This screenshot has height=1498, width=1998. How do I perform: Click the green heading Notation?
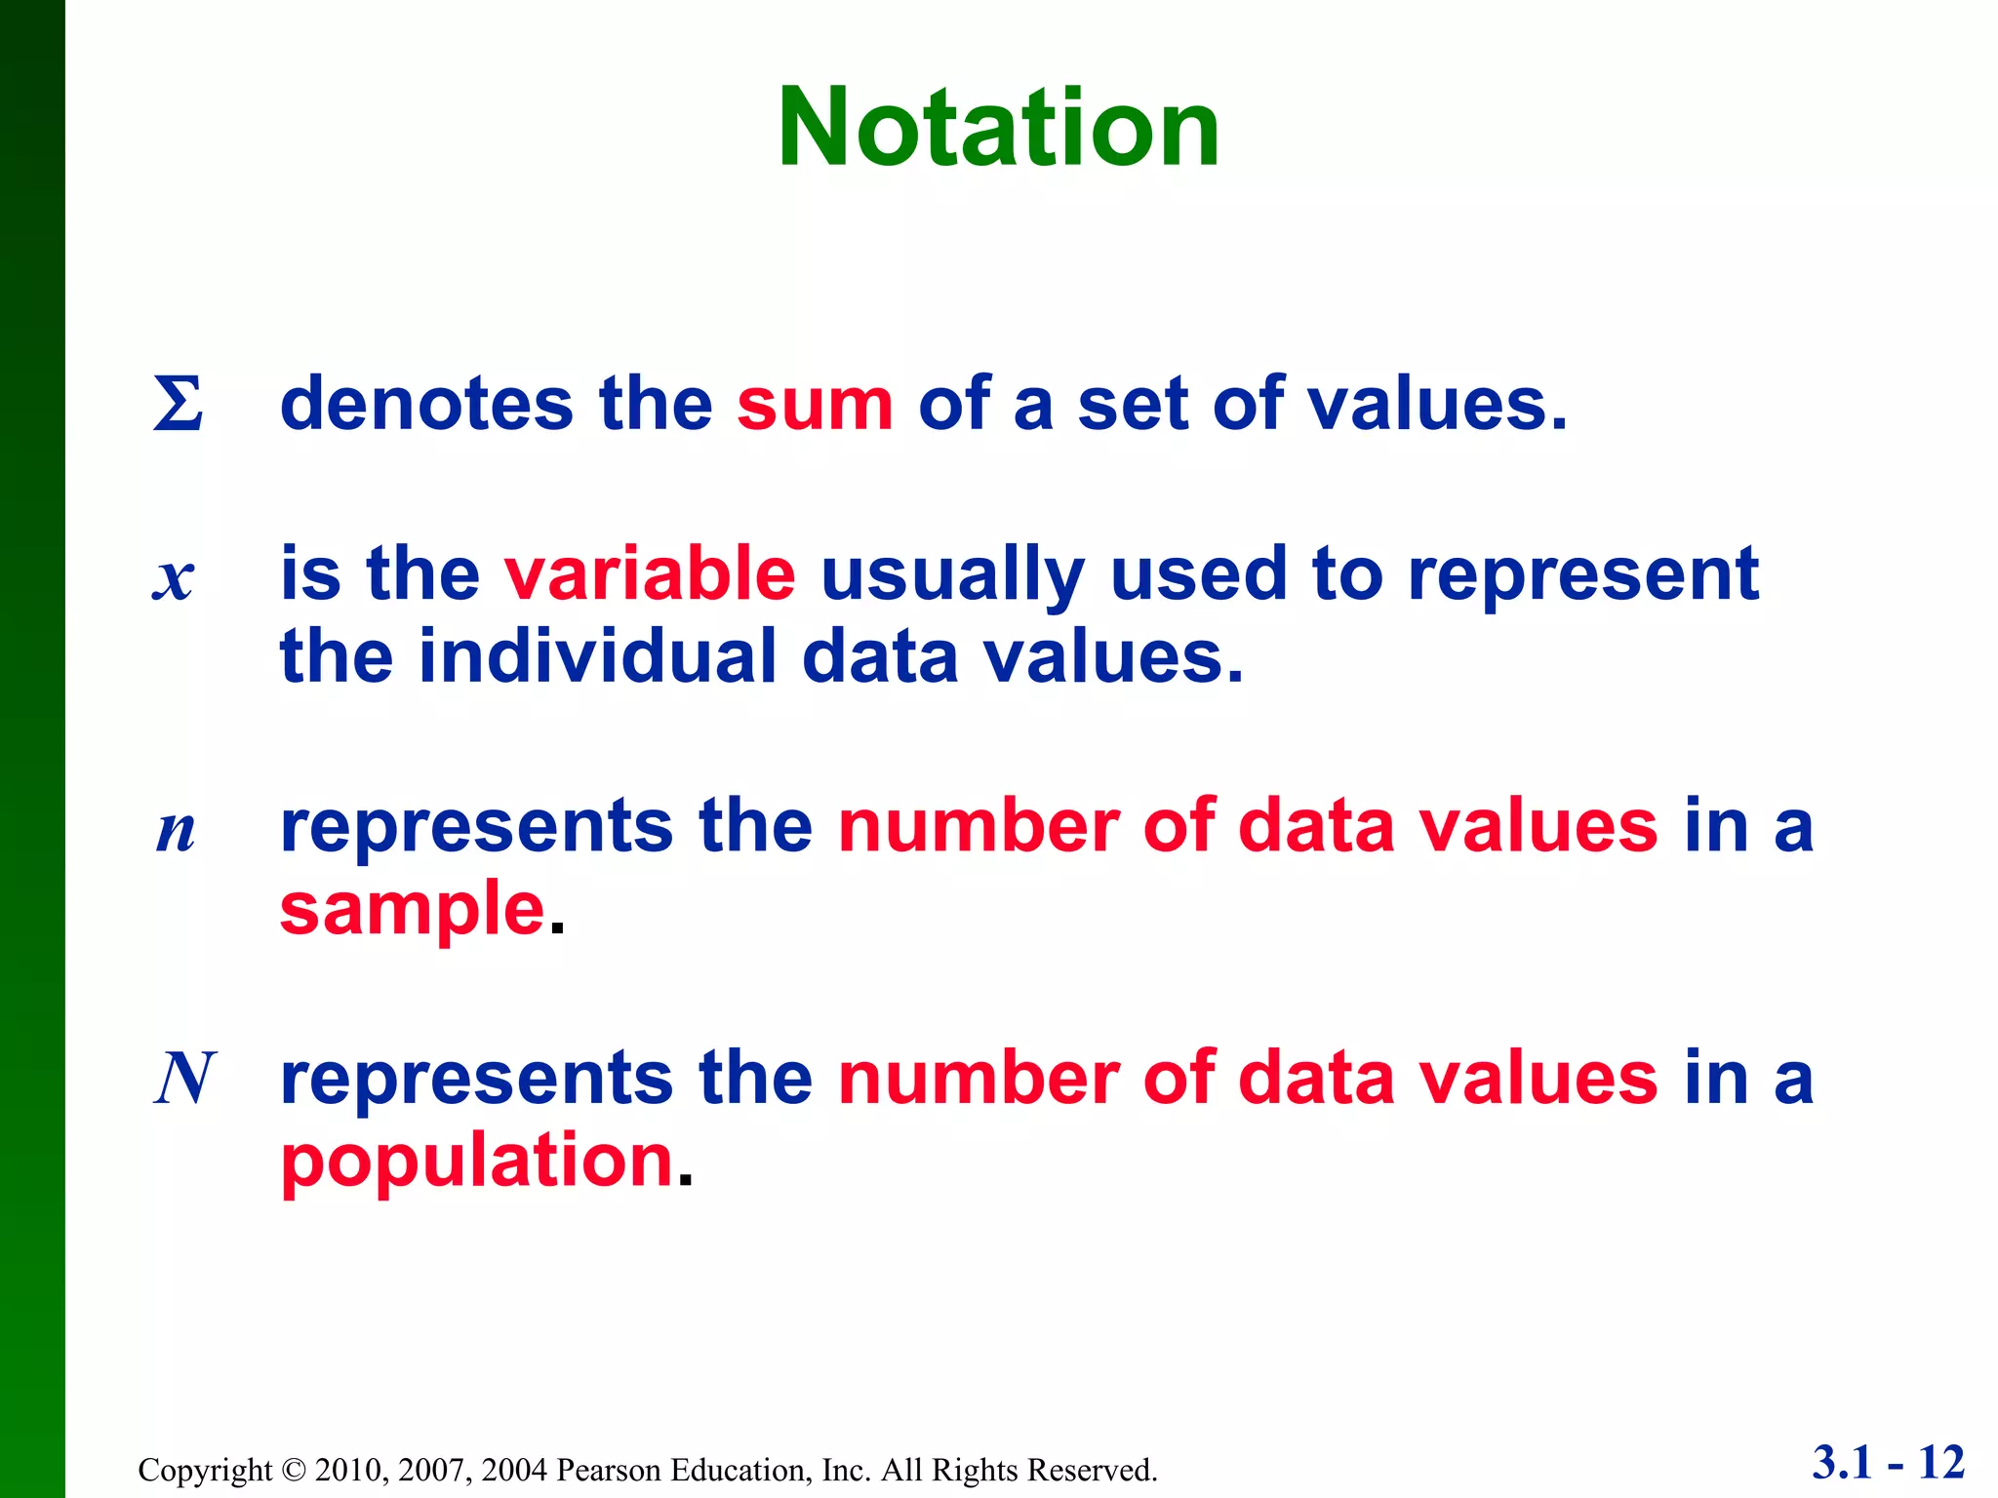pos(998,128)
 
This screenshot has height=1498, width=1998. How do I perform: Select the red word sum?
pos(815,404)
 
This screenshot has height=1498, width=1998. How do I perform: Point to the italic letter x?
pos(174,577)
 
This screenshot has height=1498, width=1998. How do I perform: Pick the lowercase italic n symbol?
pos(176,831)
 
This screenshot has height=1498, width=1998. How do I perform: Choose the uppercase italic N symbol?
pos(184,1079)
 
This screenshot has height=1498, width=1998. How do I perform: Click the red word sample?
pos(412,909)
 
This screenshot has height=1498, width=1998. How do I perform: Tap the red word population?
pos(477,1161)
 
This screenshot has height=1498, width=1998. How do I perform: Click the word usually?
pos(952,575)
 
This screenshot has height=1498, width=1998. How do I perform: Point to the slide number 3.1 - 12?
pos(1888,1463)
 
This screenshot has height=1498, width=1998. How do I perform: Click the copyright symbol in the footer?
pos(293,1470)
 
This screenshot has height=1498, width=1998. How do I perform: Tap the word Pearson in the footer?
pos(603,1470)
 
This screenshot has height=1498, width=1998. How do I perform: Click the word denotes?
pos(426,404)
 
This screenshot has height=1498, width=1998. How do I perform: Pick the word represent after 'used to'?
pos(1582,575)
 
